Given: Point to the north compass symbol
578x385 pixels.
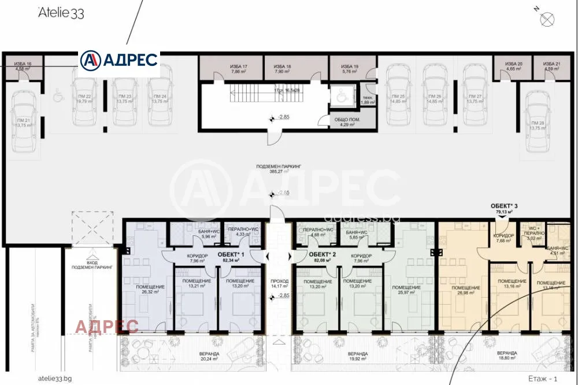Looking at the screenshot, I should pyautogui.click(x=546, y=19).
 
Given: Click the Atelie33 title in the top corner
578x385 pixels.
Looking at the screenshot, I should pyautogui.click(x=61, y=13).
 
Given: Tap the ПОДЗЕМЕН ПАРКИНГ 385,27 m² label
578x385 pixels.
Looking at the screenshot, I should pyautogui.click(x=279, y=169).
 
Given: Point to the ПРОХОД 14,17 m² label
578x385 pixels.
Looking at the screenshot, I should pyautogui.click(x=279, y=283).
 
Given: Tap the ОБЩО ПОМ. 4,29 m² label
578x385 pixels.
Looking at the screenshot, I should pyautogui.click(x=347, y=122).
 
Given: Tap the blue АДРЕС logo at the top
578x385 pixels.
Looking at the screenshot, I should pyautogui.click(x=119, y=60).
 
